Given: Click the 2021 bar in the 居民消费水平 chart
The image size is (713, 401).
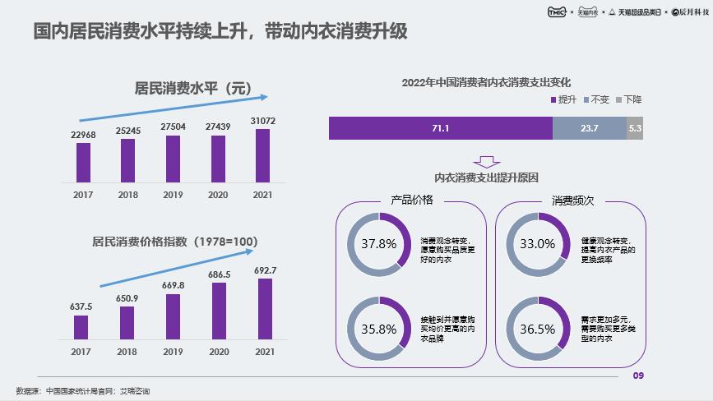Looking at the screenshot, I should click(262, 155).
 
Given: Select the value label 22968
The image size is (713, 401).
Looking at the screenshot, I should click(83, 134).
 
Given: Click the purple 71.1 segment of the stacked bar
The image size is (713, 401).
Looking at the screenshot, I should click(440, 128).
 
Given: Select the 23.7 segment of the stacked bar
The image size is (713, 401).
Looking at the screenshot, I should click(589, 128).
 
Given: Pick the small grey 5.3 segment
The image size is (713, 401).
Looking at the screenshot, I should click(634, 128).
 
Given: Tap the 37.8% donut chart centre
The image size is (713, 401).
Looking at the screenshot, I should click(378, 243).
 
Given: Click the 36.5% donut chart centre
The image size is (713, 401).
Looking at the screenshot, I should click(537, 329).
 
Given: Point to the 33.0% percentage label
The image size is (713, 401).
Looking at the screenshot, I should click(537, 243).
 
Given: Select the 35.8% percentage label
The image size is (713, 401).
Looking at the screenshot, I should click(378, 329).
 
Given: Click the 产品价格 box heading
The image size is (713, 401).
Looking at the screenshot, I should click(411, 200).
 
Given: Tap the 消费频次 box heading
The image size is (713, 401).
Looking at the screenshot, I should click(572, 200).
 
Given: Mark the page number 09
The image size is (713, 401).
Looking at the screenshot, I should click(637, 376).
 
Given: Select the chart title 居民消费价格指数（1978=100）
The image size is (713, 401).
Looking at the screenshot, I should click(174, 242).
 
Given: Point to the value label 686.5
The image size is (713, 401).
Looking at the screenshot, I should click(217, 274).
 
